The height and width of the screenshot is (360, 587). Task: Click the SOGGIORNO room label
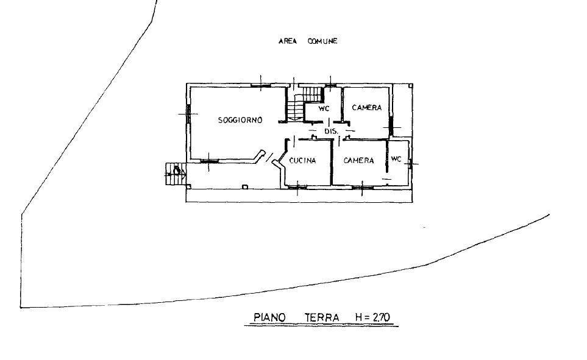(240, 120)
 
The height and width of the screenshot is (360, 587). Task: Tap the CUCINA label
(302, 161)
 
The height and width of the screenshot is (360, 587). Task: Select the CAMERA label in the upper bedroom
(367, 108)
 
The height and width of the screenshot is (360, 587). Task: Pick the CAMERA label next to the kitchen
(358, 161)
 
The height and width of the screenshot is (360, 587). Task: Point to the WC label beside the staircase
(324, 109)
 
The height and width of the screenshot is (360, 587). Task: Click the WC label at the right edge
(396, 159)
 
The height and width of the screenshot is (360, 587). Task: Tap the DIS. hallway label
(331, 132)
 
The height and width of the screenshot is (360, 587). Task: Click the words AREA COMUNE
(308, 41)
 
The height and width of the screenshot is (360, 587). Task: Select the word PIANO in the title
(269, 317)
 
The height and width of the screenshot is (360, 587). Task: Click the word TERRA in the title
(322, 317)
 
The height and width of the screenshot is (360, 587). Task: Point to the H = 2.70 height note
(373, 317)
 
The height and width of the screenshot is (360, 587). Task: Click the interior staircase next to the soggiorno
(304, 103)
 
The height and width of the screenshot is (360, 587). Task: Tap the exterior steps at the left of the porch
(175, 174)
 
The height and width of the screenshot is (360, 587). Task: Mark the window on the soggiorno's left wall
(188, 114)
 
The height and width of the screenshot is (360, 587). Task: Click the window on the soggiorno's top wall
(261, 86)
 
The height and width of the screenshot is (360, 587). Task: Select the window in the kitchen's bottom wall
(297, 186)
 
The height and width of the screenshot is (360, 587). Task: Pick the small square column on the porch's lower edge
(245, 187)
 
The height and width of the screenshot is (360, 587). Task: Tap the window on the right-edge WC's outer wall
(411, 163)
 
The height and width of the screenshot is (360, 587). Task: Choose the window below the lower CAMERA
(362, 186)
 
